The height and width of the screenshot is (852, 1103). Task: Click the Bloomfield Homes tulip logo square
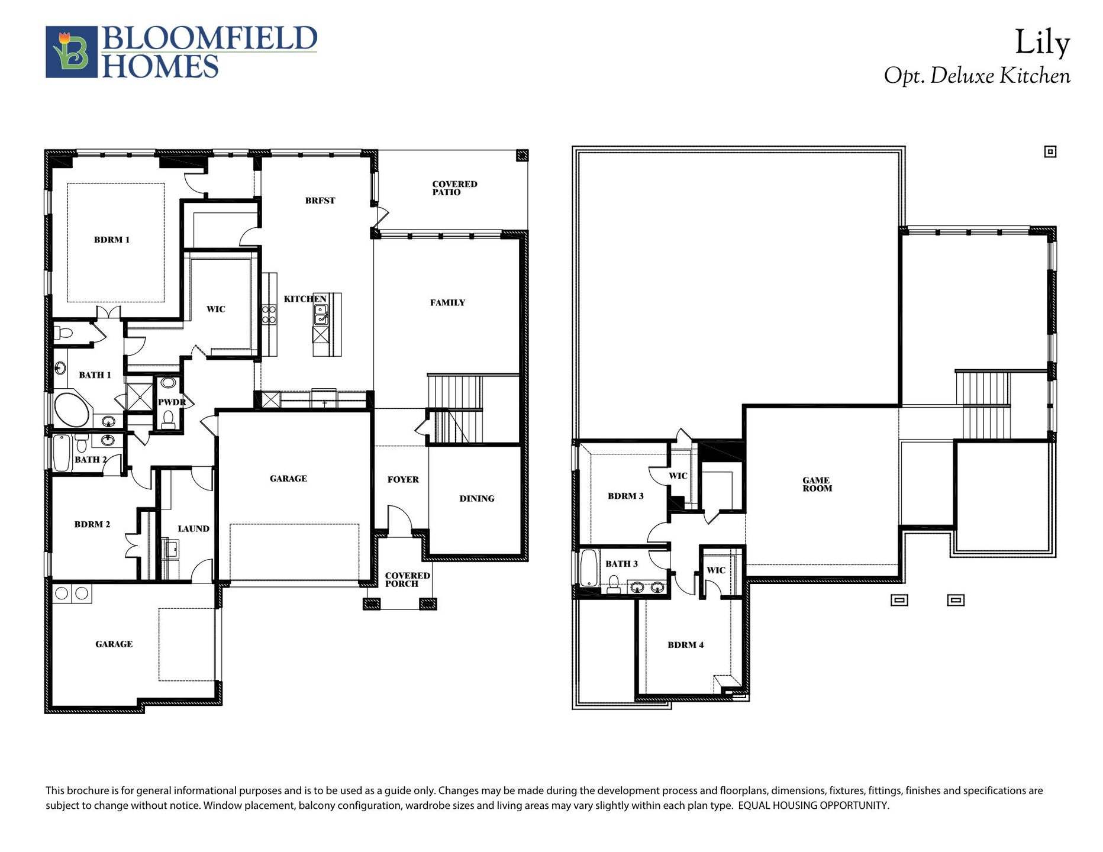coord(71,52)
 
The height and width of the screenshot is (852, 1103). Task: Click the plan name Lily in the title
coord(1042,43)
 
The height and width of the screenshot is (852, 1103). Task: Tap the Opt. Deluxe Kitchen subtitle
coord(976,76)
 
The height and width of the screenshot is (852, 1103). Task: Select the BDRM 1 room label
coord(111,240)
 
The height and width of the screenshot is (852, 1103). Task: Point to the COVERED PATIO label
coord(454,188)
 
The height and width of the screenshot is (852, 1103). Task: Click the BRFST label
coord(320,201)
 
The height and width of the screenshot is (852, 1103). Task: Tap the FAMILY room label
coord(447,302)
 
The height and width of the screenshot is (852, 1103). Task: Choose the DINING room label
coord(476,498)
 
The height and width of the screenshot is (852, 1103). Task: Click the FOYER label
coord(403,479)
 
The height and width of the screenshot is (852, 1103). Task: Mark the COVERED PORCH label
coord(407,579)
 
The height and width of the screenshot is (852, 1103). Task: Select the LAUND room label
coord(193,528)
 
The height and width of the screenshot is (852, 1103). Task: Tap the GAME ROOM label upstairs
coord(817,484)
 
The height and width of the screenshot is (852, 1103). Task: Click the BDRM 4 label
coord(685,644)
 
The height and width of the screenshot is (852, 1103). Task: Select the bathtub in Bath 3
coord(589,568)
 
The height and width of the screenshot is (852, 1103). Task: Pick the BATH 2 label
coord(91,459)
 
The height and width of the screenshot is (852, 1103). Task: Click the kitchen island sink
coord(321,315)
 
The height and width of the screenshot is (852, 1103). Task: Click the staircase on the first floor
coord(456,408)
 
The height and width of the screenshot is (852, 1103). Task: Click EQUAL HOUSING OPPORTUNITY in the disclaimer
coord(813,805)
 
